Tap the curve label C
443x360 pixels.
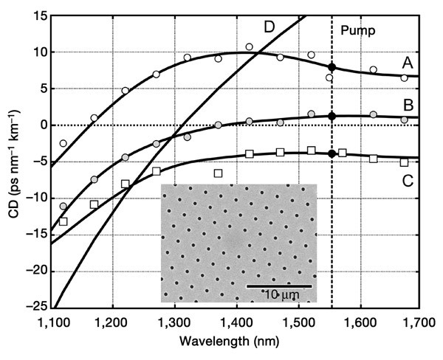point(411,176)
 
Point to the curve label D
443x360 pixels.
point(270,27)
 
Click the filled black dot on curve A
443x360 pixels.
point(332,67)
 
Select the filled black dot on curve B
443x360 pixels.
point(332,116)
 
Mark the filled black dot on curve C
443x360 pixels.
point(332,153)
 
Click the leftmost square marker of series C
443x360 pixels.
point(63,221)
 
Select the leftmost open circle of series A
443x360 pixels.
point(63,143)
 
